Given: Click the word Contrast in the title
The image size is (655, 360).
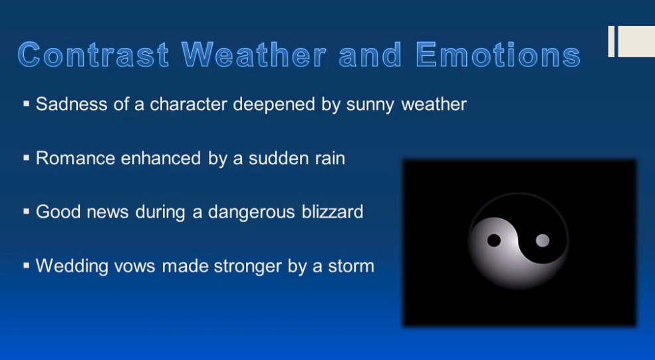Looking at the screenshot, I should click(x=94, y=55).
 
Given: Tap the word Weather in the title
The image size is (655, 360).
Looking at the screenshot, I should click(x=254, y=55).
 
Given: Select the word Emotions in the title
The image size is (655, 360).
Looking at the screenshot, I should click(x=498, y=55).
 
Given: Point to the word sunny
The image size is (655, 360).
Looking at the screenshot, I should click(x=371, y=104).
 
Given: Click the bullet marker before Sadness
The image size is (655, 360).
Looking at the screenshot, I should click(x=27, y=104).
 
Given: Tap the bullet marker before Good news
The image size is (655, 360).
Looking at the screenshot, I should click(x=27, y=212).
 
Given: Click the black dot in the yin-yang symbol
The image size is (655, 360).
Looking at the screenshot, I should click(x=494, y=240).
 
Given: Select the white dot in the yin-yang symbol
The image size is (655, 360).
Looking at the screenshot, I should click(x=543, y=240).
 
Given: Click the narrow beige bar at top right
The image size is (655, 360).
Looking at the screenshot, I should click(x=611, y=41).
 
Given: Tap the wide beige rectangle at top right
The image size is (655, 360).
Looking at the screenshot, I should click(x=636, y=41).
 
